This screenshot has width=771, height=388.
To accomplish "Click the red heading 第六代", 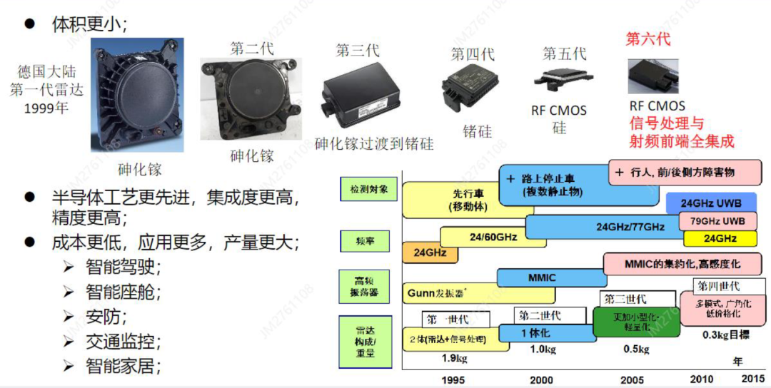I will click(648, 39).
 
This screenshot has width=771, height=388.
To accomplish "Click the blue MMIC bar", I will click(543, 277).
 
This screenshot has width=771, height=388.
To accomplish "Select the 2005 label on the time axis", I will click(632, 380).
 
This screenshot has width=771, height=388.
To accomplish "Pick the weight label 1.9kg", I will click(454, 357).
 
